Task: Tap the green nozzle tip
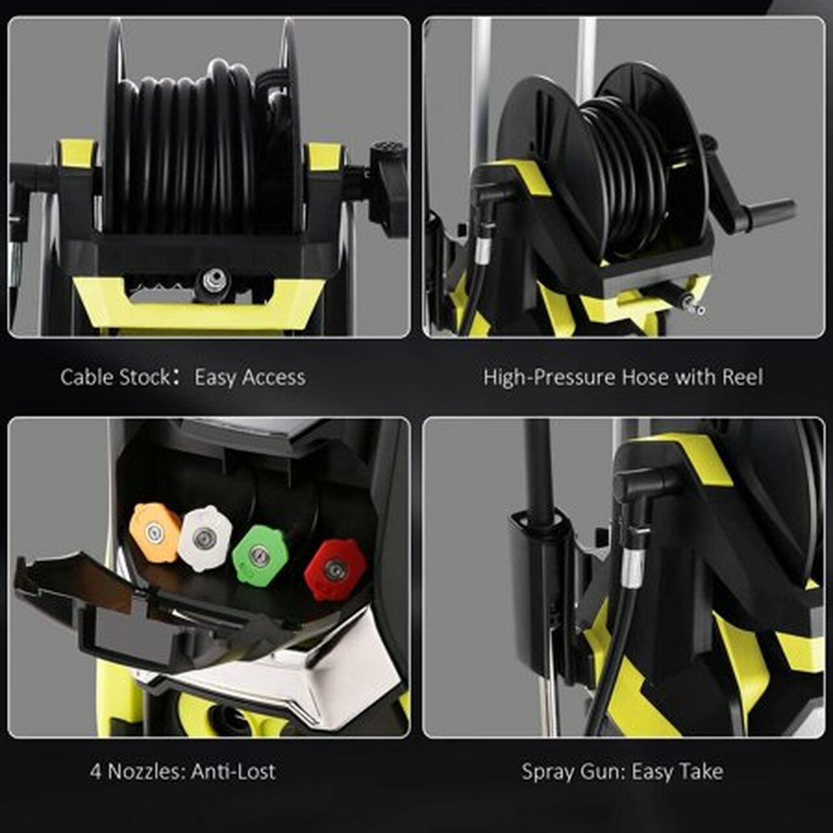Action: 259,554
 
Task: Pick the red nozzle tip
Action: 335,569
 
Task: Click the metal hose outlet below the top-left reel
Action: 215,281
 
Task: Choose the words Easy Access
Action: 250,377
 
